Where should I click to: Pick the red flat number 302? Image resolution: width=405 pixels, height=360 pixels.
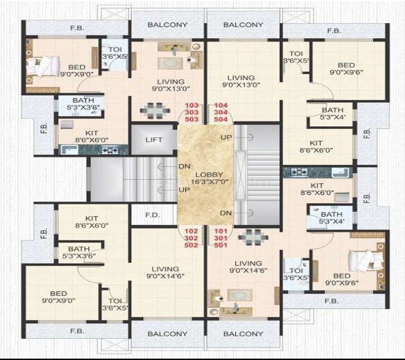click(192, 238)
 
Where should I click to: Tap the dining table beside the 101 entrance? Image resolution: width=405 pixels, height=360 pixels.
click(253, 237)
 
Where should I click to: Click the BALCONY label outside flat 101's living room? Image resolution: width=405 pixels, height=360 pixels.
click(243, 334)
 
